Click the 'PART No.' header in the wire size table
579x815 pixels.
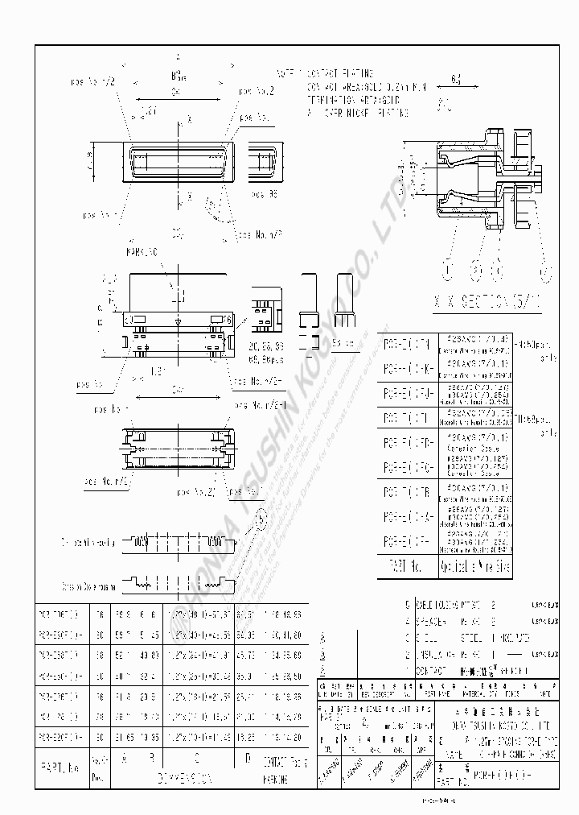click(407, 565)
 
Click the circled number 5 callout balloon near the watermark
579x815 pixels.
click(261, 523)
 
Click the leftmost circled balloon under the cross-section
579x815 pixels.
click(448, 268)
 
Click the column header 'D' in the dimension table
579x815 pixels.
click(247, 759)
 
